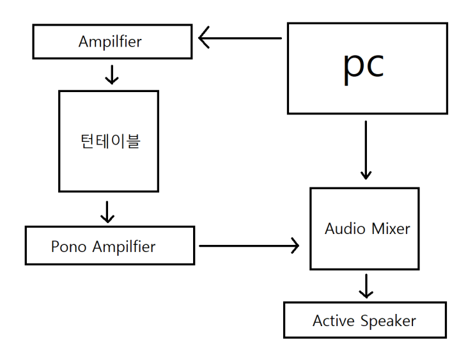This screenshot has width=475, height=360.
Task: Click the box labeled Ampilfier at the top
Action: (x=112, y=42)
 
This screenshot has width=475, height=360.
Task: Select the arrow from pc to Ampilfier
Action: (x=240, y=38)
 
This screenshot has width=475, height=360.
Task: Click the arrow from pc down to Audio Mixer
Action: (x=366, y=150)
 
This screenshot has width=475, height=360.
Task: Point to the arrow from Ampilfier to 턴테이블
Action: (x=112, y=74)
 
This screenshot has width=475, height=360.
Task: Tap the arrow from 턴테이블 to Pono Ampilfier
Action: (x=108, y=212)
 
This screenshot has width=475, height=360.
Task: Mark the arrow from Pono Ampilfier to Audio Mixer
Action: (x=249, y=245)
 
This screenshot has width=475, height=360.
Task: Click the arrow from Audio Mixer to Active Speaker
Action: (x=366, y=286)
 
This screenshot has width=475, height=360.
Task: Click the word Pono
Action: (x=68, y=246)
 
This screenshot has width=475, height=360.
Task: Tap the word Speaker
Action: (x=389, y=321)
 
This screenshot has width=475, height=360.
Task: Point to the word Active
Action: (x=333, y=321)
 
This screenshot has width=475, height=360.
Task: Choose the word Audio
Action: (x=345, y=228)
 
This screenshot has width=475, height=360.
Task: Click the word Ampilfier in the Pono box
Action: (x=124, y=247)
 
